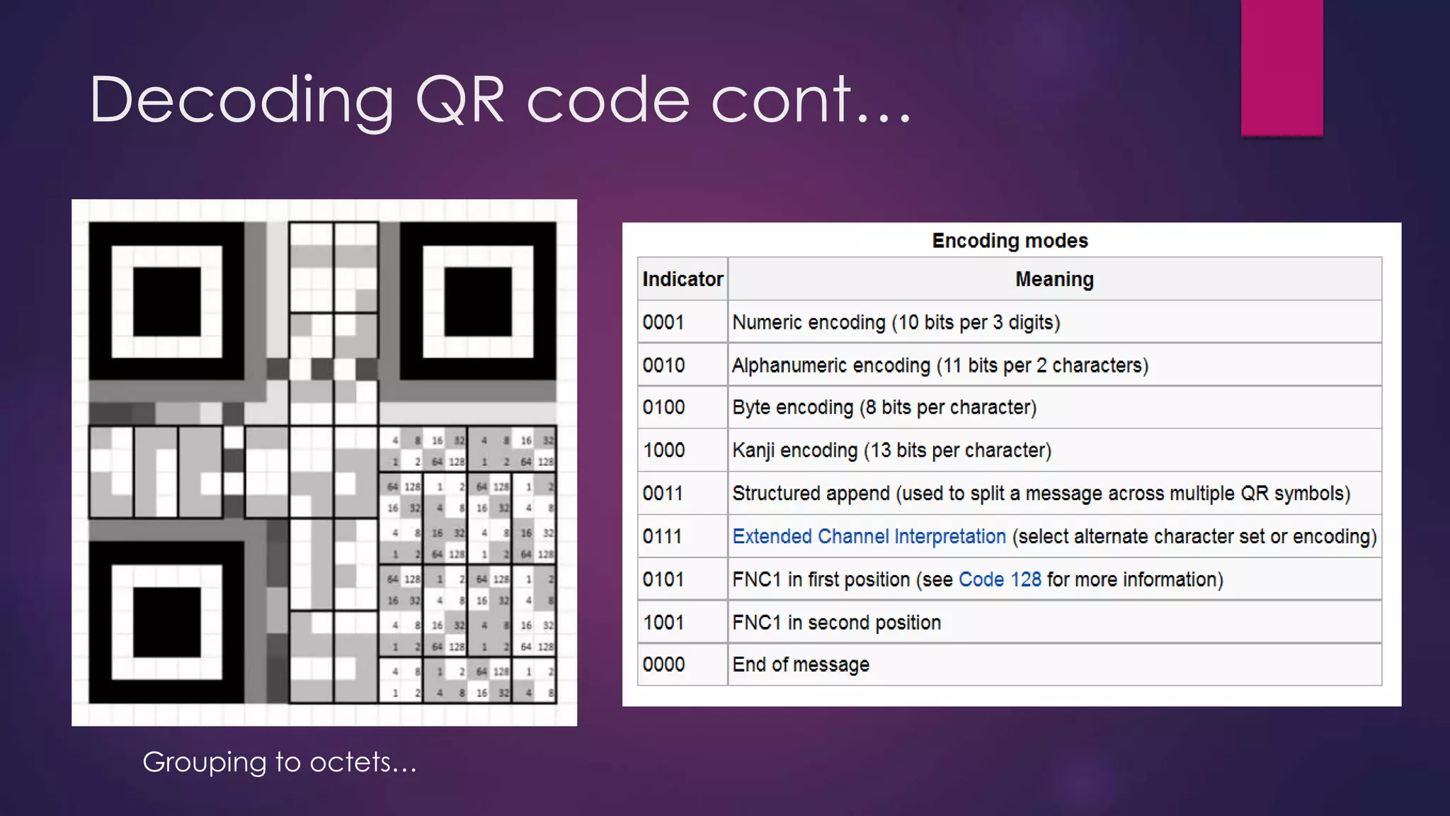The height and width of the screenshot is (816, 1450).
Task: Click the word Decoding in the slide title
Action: (241, 101)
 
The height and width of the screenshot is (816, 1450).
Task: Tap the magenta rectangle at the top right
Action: (1281, 67)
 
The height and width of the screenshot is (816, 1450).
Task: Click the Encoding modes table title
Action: (1010, 241)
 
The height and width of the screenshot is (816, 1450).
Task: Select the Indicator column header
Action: (683, 279)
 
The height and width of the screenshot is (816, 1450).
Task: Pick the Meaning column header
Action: (1054, 279)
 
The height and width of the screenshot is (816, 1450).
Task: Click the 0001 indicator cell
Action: (663, 322)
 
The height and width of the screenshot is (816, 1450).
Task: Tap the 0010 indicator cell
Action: (663, 365)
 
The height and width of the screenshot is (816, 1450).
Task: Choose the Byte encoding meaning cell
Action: (884, 407)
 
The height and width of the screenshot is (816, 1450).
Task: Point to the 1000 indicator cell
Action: (663, 450)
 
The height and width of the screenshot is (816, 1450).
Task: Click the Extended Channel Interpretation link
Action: (869, 536)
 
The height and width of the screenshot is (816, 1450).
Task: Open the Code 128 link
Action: (1000, 579)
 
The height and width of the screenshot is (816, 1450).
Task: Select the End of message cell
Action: (801, 664)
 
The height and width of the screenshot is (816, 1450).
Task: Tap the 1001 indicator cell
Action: (663, 623)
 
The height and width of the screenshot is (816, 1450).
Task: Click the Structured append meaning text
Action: (1041, 493)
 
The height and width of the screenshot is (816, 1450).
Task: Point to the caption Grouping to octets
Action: (280, 762)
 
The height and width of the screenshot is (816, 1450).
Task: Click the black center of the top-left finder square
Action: (167, 302)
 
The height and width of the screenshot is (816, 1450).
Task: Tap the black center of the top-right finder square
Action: (478, 302)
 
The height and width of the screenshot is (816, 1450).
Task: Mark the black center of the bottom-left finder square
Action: (167, 622)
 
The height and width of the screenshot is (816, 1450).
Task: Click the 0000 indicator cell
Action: (663, 664)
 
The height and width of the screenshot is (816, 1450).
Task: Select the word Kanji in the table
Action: (753, 450)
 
